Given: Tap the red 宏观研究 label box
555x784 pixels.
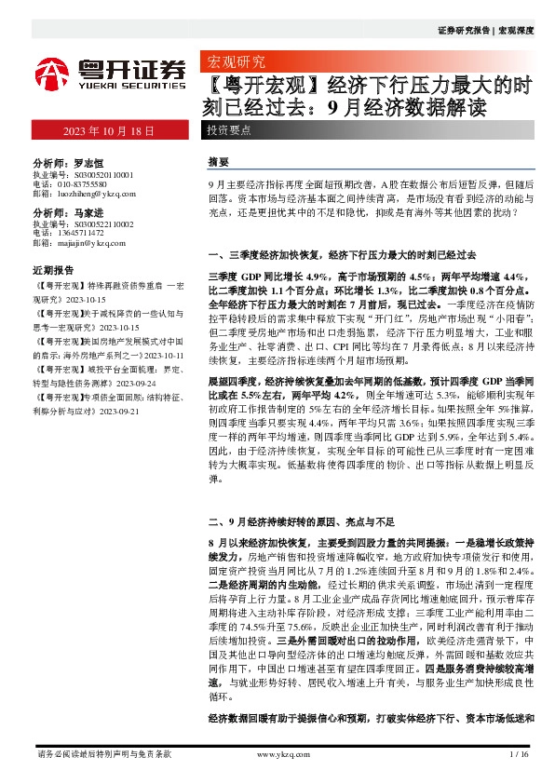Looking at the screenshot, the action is pos(234,62).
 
